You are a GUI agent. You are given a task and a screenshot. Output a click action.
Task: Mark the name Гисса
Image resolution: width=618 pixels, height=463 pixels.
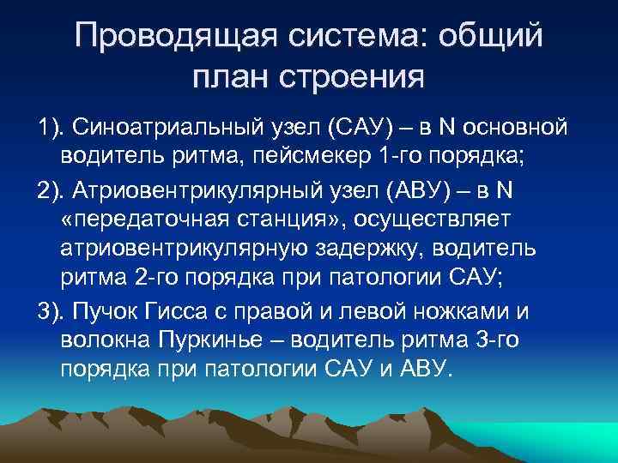[178, 309]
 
